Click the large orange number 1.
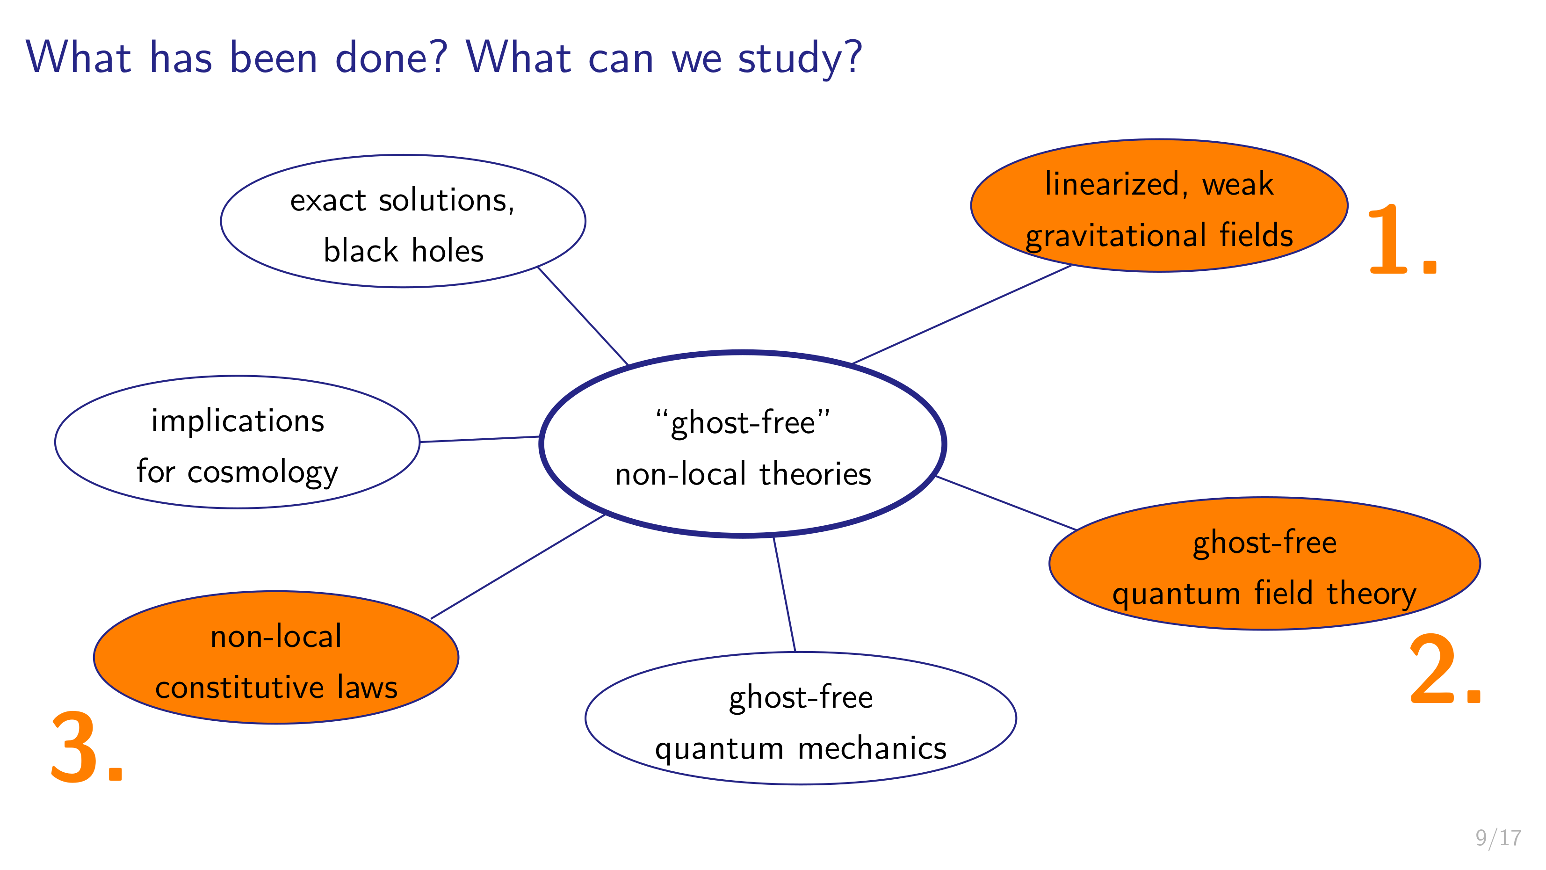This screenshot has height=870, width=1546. (1402, 239)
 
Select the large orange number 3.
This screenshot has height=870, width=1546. (87, 747)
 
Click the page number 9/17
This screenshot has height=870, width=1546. (1499, 838)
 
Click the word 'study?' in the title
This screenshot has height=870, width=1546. (800, 59)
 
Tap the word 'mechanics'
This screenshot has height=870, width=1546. (872, 749)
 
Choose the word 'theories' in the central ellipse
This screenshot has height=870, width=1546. (815, 474)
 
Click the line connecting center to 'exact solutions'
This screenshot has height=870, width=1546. (583, 316)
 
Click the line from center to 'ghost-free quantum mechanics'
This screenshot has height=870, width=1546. (784, 594)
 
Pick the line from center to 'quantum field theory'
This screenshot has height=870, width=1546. (1006, 503)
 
